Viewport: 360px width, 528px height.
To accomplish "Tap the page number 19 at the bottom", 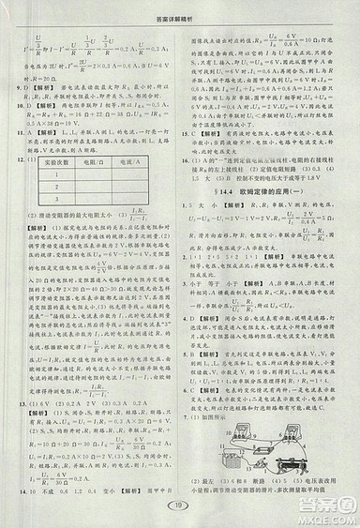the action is coord(181,507).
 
